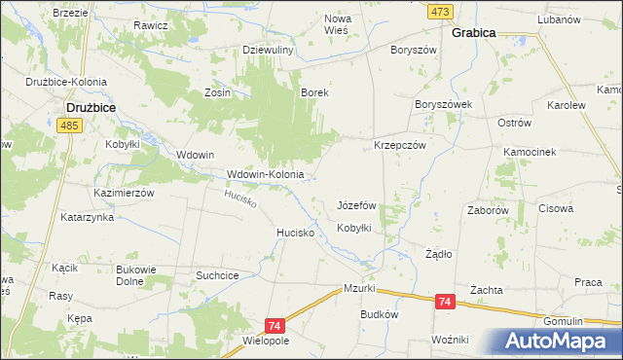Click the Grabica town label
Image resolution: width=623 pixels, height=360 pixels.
(474, 32)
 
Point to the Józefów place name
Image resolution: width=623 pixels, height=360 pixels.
(356, 206)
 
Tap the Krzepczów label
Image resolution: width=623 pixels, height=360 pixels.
(401, 144)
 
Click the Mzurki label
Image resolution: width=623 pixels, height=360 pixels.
(360, 289)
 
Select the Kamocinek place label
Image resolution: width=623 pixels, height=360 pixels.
(529, 153)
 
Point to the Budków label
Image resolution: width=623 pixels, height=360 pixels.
(380, 314)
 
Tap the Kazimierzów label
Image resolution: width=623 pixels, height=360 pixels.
(125, 193)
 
